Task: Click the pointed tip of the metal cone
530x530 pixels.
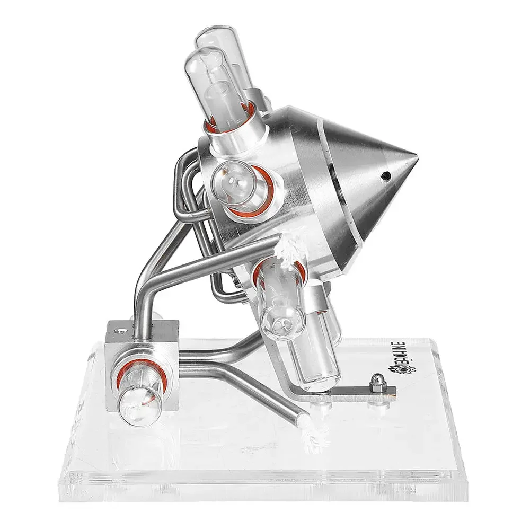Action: (x=417, y=159)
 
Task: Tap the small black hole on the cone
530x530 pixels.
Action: (x=386, y=175)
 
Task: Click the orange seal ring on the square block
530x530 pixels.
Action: (x=142, y=375)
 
